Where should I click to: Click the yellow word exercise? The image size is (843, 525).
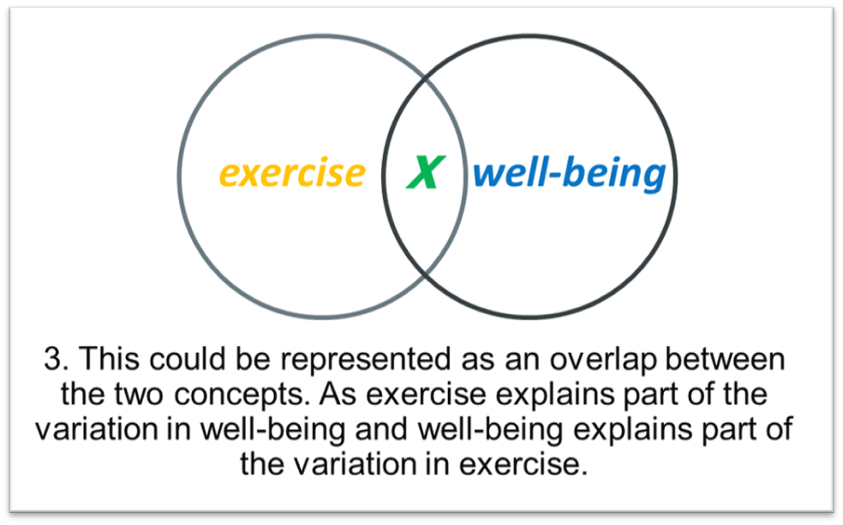(292, 173)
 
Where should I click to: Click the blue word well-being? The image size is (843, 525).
(570, 173)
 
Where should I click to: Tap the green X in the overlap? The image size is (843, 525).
(426, 172)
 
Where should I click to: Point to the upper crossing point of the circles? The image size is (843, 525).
(425, 80)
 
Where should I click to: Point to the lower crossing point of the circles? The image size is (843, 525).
(425, 273)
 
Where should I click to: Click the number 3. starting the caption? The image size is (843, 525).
(57, 358)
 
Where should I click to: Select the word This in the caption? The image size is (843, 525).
(111, 358)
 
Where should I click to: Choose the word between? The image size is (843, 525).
(726, 358)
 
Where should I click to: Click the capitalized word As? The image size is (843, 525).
(338, 394)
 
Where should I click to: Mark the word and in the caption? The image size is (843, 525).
(381, 429)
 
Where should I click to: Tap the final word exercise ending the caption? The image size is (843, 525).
(523, 464)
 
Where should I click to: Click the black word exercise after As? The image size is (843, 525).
(427, 394)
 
